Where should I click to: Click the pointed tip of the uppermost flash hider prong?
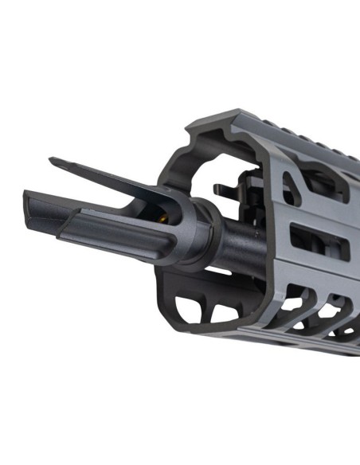[x=53, y=162]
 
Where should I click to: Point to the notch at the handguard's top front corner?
[x=191, y=131]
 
